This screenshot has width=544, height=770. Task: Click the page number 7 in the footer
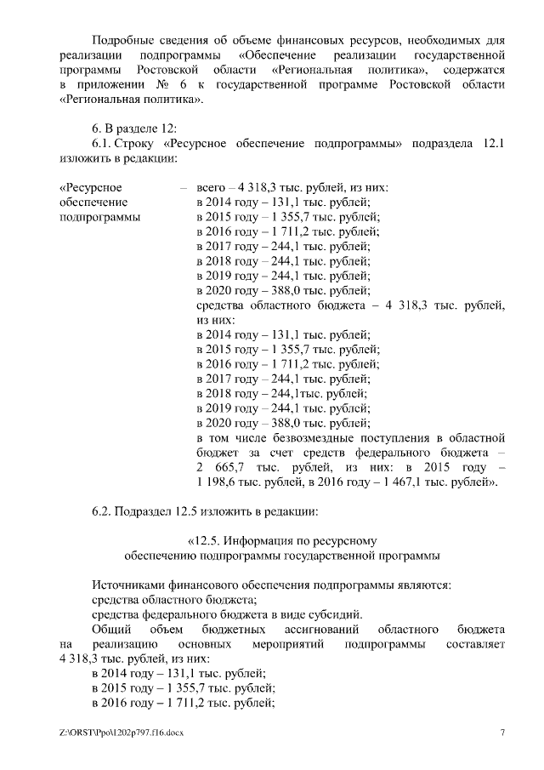pyautogui.click(x=502, y=733)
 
